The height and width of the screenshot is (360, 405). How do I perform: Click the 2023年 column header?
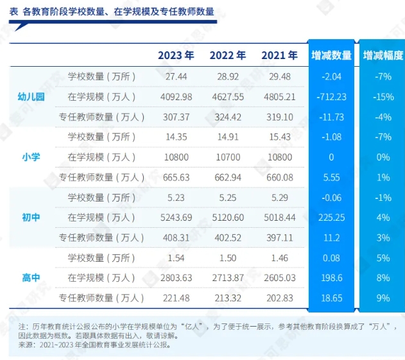click(x=176, y=55)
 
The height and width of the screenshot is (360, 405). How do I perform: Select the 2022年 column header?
click(x=228, y=55)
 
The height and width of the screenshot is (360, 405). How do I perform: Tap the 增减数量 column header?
click(x=331, y=56)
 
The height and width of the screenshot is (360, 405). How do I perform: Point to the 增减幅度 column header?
click(x=383, y=56)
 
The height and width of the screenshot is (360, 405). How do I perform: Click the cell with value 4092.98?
click(x=175, y=97)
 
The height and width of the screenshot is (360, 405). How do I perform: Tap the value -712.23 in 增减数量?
click(x=331, y=97)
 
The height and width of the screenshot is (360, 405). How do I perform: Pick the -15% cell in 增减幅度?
click(x=383, y=97)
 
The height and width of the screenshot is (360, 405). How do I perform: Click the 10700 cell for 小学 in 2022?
click(x=228, y=157)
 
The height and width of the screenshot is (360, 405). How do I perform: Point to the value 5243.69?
click(x=175, y=218)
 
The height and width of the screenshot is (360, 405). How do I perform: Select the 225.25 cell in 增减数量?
click(x=331, y=218)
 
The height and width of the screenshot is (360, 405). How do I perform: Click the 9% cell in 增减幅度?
click(x=383, y=298)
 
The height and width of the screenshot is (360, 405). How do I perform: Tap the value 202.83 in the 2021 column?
click(x=279, y=298)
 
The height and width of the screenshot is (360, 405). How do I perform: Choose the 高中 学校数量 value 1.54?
click(x=175, y=257)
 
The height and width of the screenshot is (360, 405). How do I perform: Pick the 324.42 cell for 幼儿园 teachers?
click(x=228, y=117)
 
